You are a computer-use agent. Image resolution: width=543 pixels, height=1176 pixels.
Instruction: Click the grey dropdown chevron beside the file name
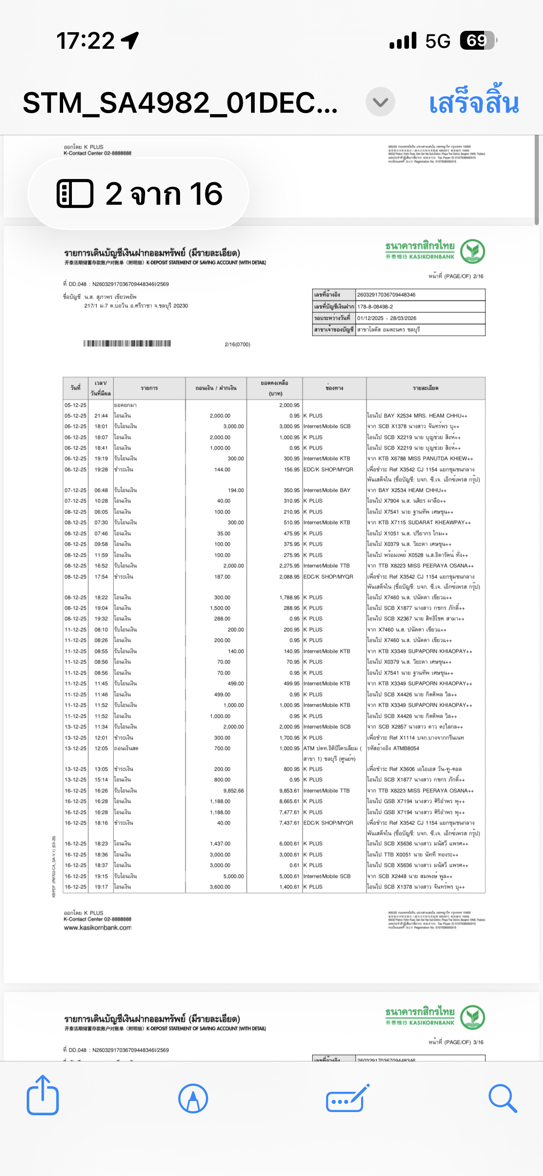380,102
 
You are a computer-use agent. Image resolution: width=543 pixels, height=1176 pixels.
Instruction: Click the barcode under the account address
127,343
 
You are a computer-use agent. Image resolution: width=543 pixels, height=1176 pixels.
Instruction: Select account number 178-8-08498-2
375,306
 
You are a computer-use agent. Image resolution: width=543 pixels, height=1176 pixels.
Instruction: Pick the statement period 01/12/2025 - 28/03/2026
386,318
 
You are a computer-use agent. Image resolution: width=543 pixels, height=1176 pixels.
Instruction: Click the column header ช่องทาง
334,388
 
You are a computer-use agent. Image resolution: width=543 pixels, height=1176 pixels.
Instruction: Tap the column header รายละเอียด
426,388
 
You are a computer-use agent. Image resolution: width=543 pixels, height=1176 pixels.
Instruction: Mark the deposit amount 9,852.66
234,790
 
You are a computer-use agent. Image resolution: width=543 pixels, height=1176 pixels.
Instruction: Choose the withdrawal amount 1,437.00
220,843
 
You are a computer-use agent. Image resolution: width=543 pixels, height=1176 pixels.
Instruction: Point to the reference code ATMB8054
406,748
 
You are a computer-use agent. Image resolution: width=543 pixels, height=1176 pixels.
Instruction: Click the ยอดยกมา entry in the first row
125,405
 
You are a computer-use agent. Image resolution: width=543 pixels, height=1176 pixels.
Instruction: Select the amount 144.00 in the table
222,469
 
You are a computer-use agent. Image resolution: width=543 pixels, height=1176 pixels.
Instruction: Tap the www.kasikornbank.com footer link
98,928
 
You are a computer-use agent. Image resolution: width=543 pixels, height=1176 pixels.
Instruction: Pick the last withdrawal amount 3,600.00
220,887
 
